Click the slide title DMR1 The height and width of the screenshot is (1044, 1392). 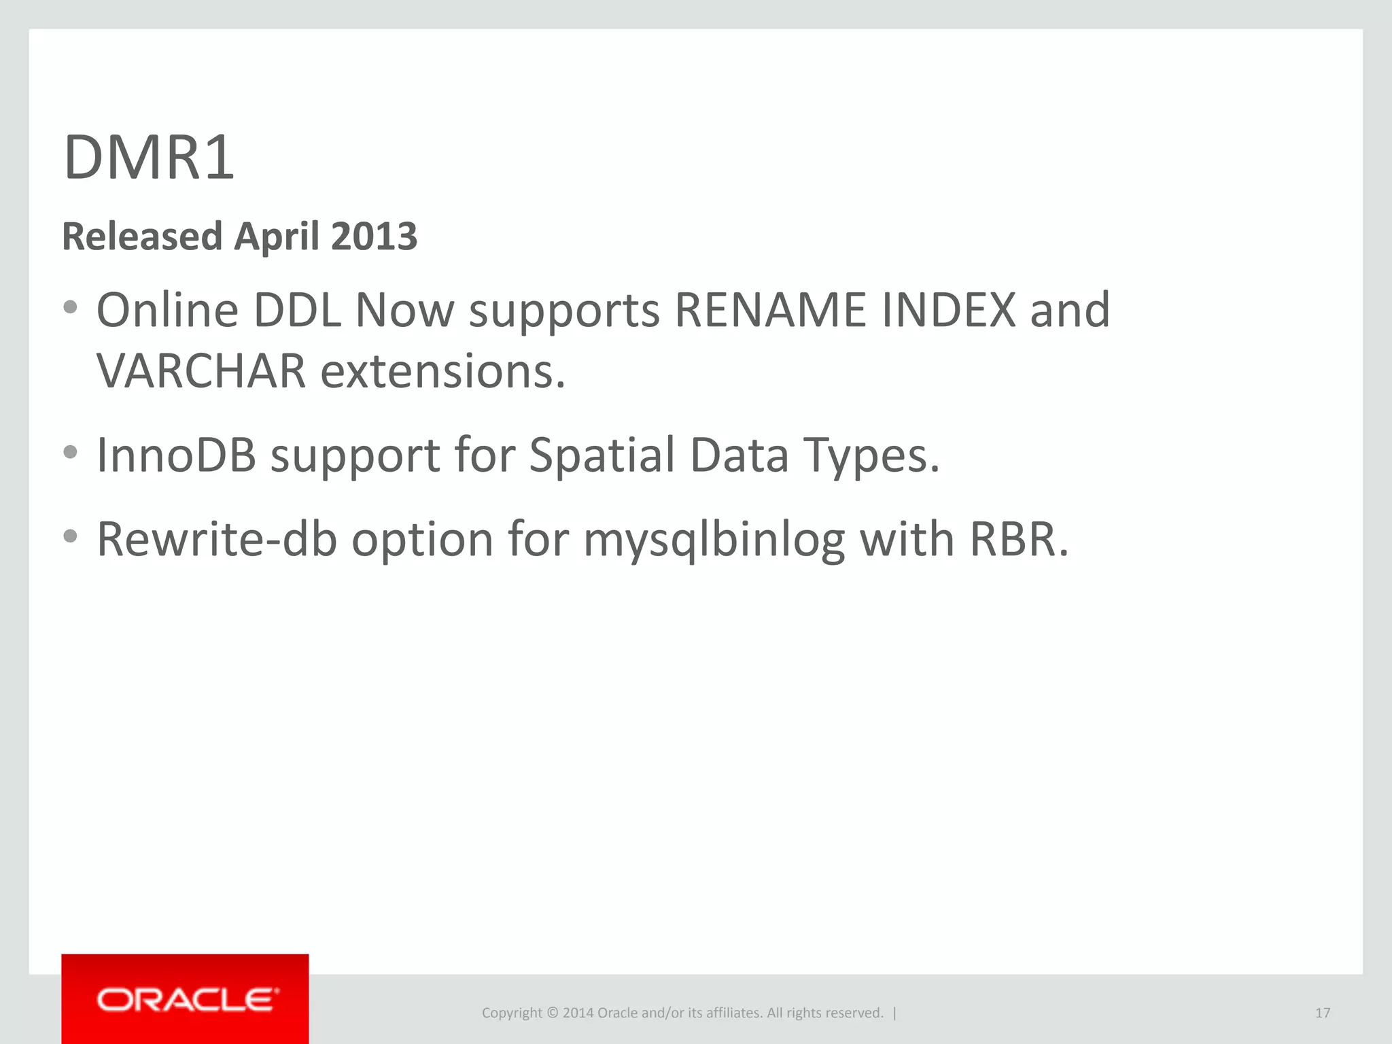pyautogui.click(x=149, y=158)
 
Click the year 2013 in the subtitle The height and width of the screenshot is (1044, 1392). pyautogui.click(x=374, y=237)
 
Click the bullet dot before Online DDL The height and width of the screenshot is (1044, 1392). pyautogui.click(x=70, y=308)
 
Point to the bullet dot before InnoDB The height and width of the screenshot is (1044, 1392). pyautogui.click(x=70, y=452)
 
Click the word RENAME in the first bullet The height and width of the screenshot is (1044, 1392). pyautogui.click(x=770, y=310)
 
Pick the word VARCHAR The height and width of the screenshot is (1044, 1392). pyautogui.click(x=201, y=372)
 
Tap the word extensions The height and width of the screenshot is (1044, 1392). pyautogui.click(x=442, y=372)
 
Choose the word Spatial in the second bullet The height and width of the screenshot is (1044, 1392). pyautogui.click(x=602, y=454)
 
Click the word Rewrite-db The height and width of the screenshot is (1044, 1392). pyautogui.click(x=217, y=539)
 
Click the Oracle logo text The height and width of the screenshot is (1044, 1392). pyautogui.click(x=188, y=1000)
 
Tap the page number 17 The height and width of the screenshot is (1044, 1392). pyautogui.click(x=1322, y=1013)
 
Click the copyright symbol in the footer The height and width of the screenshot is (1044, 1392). pyautogui.click(x=552, y=1013)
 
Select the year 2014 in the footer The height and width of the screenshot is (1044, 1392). pyautogui.click(x=578, y=1013)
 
